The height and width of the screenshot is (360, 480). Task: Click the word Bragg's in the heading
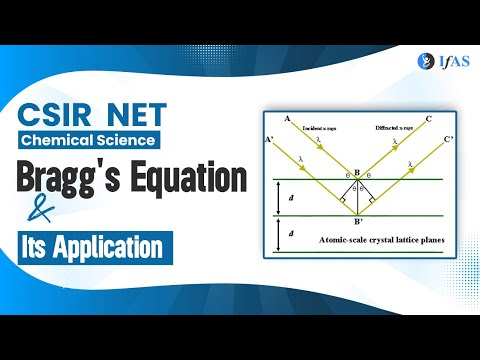pos(67,179)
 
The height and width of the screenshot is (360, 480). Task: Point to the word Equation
pos(186,179)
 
